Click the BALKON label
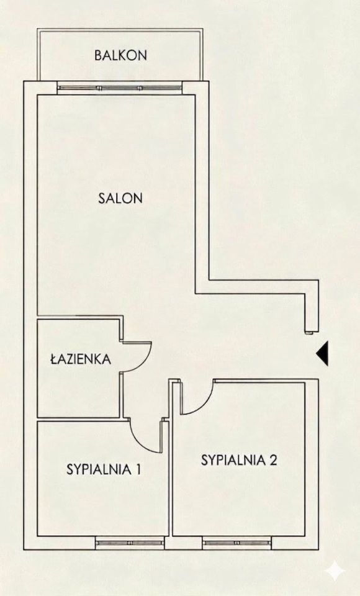tap(120, 55)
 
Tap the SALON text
tap(120, 198)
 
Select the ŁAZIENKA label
tap(81, 359)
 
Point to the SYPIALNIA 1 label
tap(104, 469)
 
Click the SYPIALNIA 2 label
tap(239, 460)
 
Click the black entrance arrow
tap(322, 353)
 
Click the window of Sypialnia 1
tap(129, 543)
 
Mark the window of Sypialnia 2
tap(236, 543)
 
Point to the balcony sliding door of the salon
tap(119, 88)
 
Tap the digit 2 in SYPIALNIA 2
tap(273, 460)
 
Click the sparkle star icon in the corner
tap(335, 570)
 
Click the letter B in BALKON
tap(98, 55)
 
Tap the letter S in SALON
tap(102, 198)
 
